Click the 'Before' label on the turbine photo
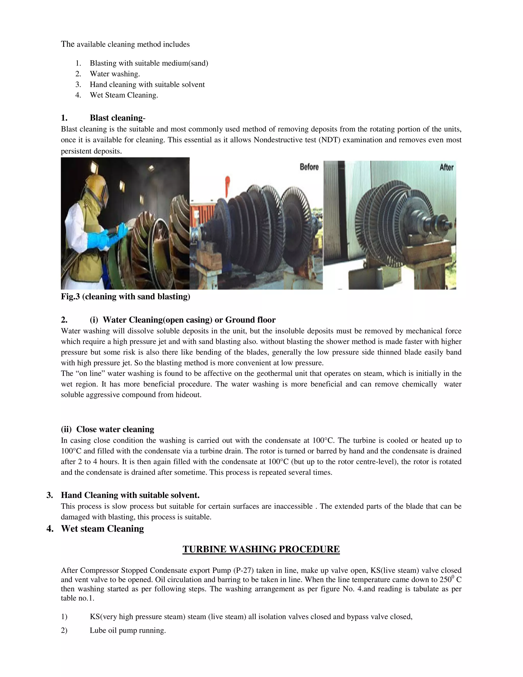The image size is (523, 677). click(x=309, y=167)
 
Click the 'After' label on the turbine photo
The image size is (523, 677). click(x=446, y=167)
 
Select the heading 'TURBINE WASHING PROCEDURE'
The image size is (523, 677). click(x=261, y=549)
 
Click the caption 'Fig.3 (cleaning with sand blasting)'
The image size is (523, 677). click(x=125, y=297)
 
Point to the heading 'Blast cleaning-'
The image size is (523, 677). click(x=117, y=118)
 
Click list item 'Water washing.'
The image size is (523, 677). click(x=115, y=74)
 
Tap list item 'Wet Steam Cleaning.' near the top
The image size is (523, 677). click(x=124, y=95)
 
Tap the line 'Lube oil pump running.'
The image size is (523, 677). click(x=128, y=631)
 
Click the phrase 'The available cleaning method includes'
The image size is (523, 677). click(x=125, y=44)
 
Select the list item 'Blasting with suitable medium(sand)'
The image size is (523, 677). click(x=149, y=63)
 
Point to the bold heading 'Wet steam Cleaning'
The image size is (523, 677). click(x=102, y=529)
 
